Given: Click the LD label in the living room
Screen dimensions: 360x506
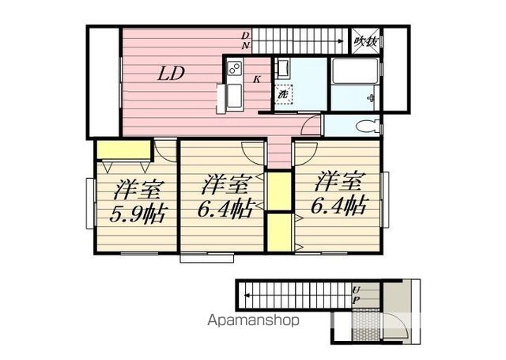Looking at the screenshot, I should pos(171,74).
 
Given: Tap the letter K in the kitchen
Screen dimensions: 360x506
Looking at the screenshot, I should pos(259,78).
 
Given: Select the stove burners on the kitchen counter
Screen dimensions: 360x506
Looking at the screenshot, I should pos(235,70).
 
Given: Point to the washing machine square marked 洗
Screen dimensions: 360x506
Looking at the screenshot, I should pos(283,94).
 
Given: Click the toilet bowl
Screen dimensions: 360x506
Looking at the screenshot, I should pos(365,126).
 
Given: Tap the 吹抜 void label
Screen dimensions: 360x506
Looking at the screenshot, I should pos(364,40).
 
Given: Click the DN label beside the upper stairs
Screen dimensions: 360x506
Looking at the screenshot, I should pos(246,40).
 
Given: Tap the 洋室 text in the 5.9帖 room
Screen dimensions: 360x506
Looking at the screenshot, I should pos(138,190).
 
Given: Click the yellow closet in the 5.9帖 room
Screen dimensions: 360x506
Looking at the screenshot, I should pos(124,150).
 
